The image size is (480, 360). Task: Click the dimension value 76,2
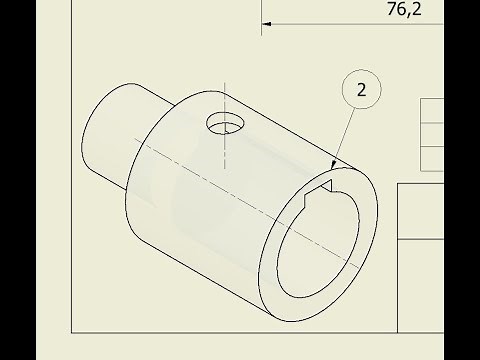coord(404,9)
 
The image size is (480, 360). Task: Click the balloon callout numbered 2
coord(362,89)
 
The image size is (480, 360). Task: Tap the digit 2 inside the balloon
coord(361,90)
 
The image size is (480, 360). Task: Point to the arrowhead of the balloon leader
coord(333,165)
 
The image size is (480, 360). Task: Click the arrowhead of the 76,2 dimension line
coord(267,24)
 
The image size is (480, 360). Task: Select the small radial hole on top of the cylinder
coord(225,123)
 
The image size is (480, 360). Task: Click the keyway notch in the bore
coord(319,191)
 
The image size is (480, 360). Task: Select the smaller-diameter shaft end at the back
coord(110,133)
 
